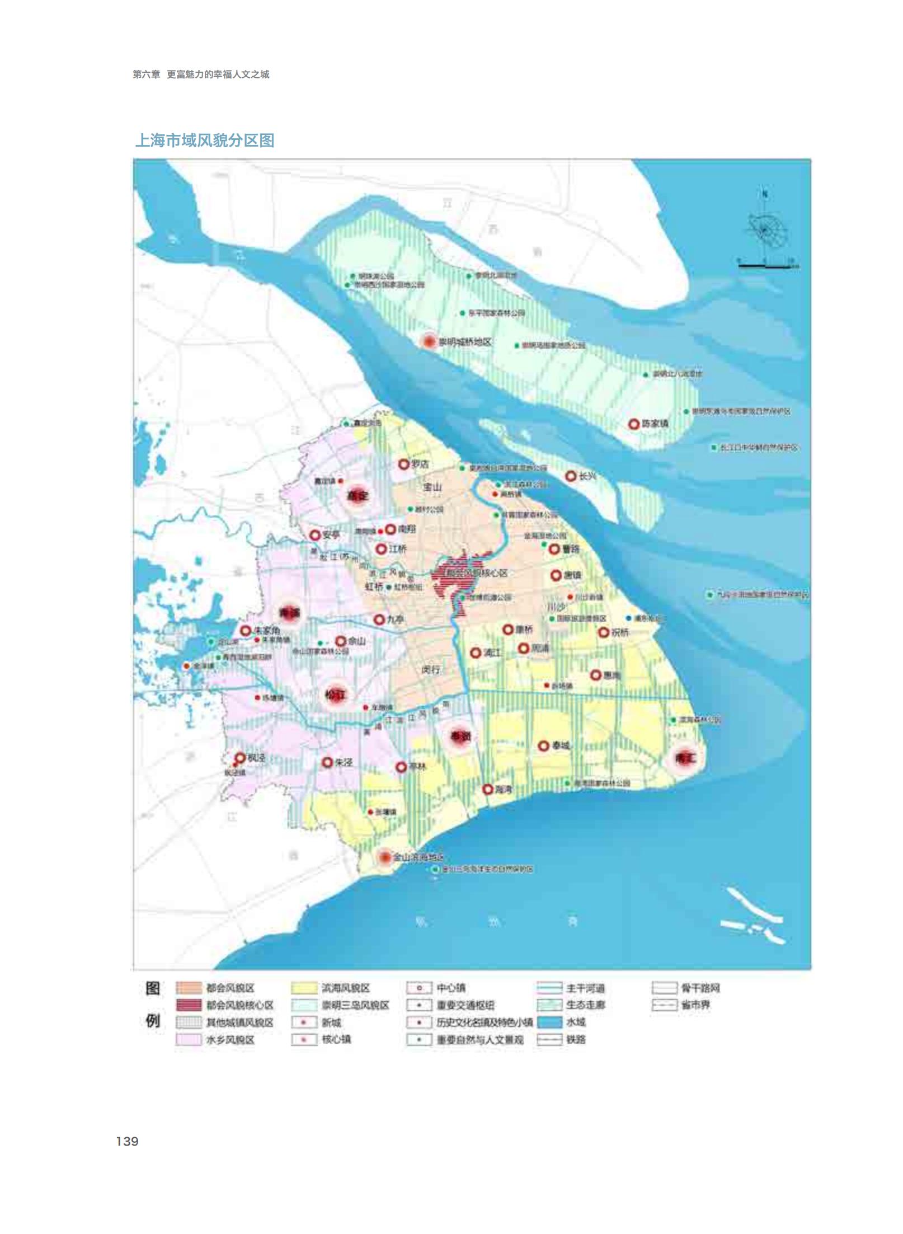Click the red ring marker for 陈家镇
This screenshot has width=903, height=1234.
(x=633, y=424)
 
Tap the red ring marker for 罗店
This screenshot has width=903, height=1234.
(x=403, y=464)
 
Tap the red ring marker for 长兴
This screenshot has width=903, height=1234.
(x=571, y=476)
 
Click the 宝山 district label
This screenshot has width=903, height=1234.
(x=432, y=487)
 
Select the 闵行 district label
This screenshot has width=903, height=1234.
(x=431, y=670)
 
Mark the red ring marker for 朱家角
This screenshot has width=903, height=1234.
(x=245, y=631)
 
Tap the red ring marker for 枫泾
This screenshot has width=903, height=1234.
(x=239, y=758)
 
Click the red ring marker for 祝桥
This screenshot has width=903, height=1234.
(x=603, y=632)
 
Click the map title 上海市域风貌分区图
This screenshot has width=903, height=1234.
(x=205, y=140)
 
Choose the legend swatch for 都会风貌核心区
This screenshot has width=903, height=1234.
(x=188, y=1005)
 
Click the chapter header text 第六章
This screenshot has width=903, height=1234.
(x=146, y=74)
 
